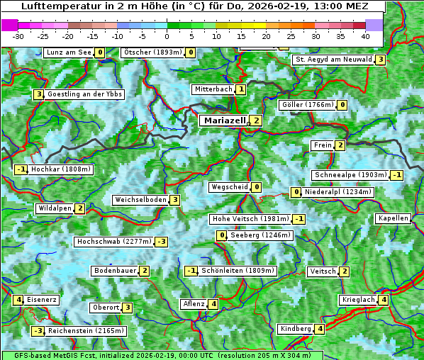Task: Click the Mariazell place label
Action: tap(224, 120)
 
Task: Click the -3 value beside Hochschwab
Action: tap(162, 242)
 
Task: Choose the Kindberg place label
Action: tap(296, 329)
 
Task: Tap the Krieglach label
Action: tap(359, 300)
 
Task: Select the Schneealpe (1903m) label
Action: tap(351, 175)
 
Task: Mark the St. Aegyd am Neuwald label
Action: tap(333, 60)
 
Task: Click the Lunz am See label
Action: tap(68, 52)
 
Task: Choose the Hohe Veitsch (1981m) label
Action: tap(251, 219)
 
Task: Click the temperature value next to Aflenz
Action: tap(213, 304)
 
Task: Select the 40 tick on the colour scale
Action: tap(364, 35)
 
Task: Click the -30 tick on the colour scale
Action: tap(18, 35)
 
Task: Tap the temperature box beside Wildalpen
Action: tap(80, 208)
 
